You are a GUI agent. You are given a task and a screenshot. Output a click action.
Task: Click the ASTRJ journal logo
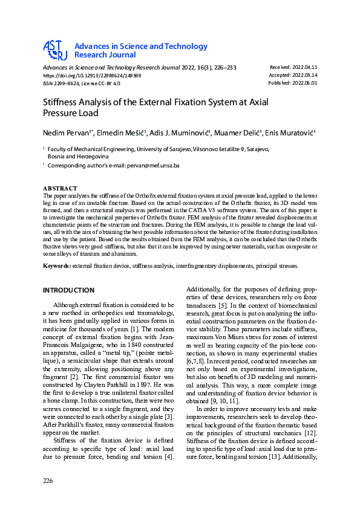54,50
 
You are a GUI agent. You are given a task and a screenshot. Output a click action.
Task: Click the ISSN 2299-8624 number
67,84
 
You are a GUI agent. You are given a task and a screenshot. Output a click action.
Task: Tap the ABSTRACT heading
61,189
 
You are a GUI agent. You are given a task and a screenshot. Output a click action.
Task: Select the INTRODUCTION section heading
68,290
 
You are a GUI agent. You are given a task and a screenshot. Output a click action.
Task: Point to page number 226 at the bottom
48,481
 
